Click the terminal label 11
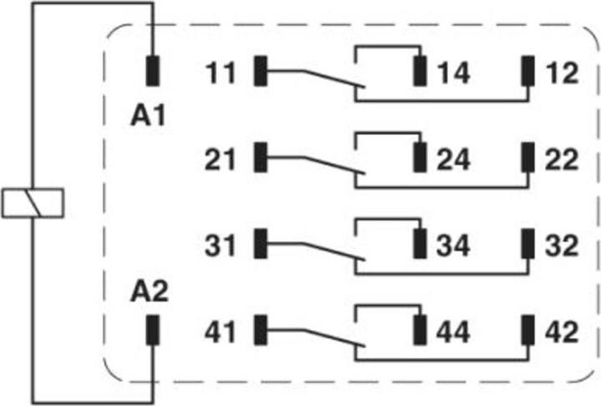[220, 73]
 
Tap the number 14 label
[454, 73]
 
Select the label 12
[563, 73]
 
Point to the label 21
[220, 159]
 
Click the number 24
[454, 159]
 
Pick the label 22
[562, 159]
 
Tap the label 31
[220, 246]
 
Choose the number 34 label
[453, 246]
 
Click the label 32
[562, 246]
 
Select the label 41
[220, 332]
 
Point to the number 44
[453, 332]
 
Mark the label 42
[562, 332]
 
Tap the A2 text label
[149, 292]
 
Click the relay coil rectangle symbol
[33, 203]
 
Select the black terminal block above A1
[153, 71]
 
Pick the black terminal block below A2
[153, 330]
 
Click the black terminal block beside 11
[260, 71]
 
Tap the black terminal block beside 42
[528, 330]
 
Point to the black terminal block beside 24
[420, 157]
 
